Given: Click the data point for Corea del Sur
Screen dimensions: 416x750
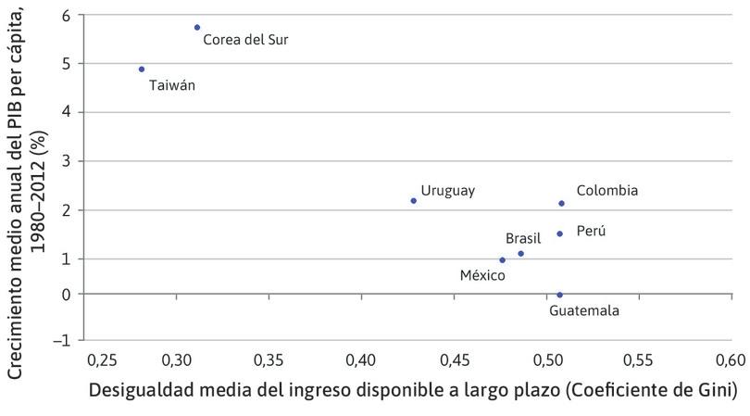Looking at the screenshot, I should tap(197, 28).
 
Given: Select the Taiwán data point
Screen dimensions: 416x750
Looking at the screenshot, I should tap(142, 69).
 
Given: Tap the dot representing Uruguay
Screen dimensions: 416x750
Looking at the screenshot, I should tap(414, 201).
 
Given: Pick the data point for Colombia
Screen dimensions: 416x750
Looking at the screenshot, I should tap(562, 204).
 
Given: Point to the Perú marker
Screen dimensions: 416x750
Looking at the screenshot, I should tap(560, 233).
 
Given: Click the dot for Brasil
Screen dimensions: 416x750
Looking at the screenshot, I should tap(521, 254).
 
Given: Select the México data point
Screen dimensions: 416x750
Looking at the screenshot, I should tap(503, 260).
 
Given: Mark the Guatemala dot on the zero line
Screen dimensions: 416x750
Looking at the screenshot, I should tap(560, 295).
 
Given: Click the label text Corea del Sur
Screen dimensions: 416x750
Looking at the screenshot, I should tap(245, 41).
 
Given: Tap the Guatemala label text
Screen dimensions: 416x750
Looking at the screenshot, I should tap(584, 311).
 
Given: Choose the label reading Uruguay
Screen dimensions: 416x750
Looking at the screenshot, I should tap(447, 191).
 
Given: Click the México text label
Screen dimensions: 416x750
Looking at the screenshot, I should tap(482, 275).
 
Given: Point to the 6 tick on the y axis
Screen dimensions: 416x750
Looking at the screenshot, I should tap(65, 16).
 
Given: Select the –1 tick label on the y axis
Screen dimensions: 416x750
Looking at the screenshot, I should tap(61, 340).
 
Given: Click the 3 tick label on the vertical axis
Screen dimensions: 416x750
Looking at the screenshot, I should tap(65, 161).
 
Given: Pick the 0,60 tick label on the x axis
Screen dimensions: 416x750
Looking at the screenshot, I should tap(731, 359).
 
